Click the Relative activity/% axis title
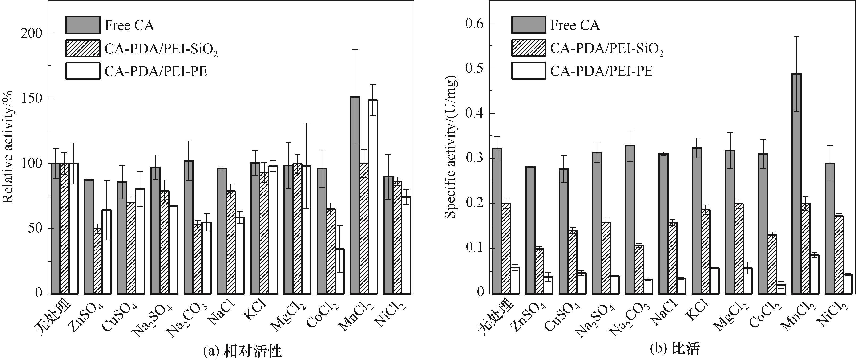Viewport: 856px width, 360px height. (x=8, y=146)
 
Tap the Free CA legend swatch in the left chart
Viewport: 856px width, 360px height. (x=83, y=25)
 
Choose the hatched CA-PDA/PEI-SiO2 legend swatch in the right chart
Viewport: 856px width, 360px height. (x=528, y=48)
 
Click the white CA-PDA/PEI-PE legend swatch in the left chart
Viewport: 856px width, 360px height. (x=83, y=71)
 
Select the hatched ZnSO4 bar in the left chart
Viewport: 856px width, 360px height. (x=98, y=261)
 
